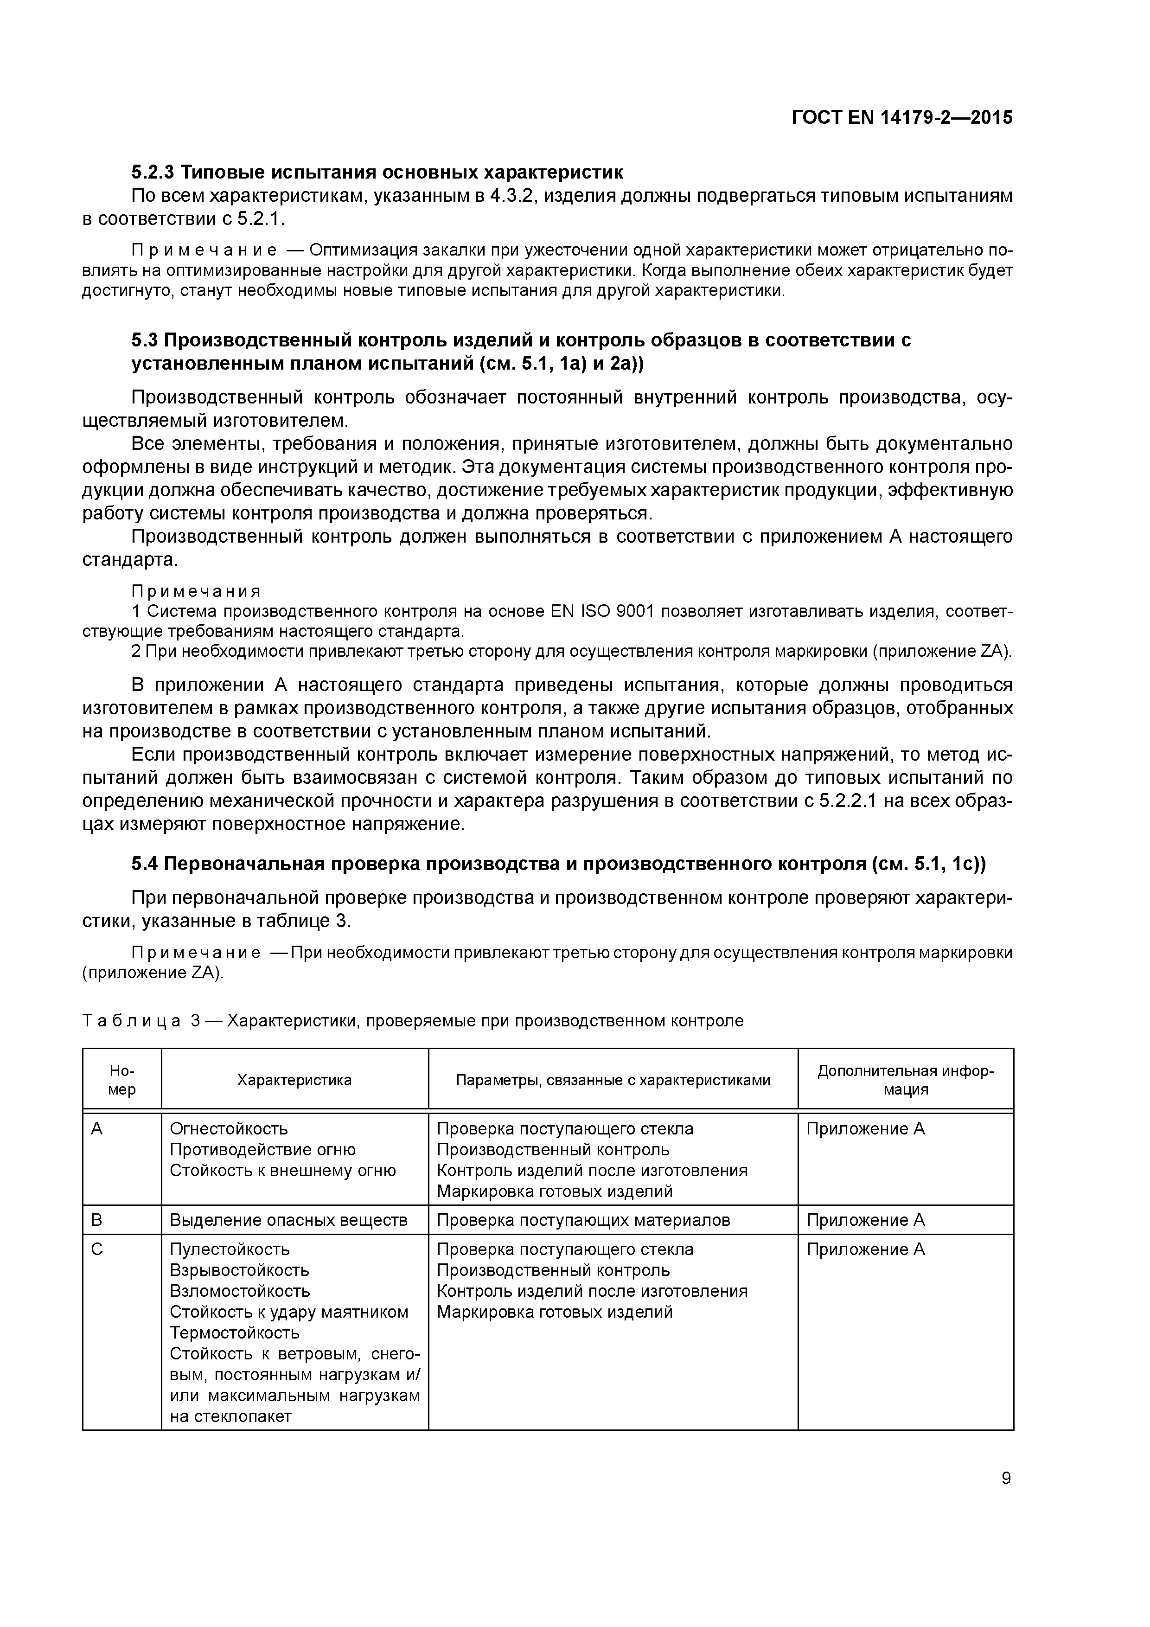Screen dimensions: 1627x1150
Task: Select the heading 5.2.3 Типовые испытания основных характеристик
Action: click(377, 172)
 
